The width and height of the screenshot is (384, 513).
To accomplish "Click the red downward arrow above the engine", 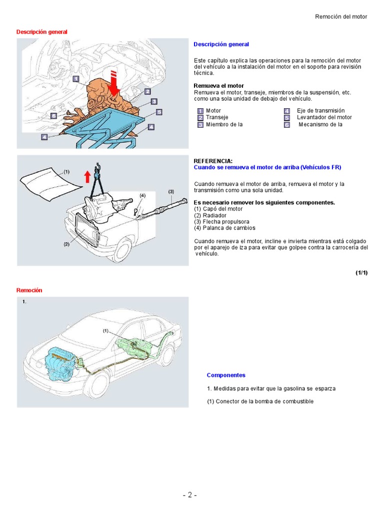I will pyautogui.click(x=114, y=83).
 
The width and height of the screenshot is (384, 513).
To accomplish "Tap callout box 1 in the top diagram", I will pyautogui.click(x=75, y=79).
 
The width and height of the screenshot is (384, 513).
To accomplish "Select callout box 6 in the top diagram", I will pyautogui.click(x=53, y=115).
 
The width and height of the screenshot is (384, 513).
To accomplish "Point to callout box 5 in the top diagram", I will pyautogui.click(x=159, y=112).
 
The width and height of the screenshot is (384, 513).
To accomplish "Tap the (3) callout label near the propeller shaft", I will pyautogui.click(x=171, y=191).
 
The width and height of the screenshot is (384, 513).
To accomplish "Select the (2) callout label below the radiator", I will pyautogui.click(x=66, y=244).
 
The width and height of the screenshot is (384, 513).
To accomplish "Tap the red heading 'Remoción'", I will pyautogui.click(x=29, y=290).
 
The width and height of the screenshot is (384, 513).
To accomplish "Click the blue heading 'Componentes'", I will pyautogui.click(x=226, y=375).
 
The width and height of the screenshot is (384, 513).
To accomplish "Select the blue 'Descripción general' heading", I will pyautogui.click(x=221, y=44).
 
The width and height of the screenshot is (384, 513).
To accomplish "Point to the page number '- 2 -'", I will pyautogui.click(x=189, y=495).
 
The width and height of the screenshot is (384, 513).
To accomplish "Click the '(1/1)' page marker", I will pyautogui.click(x=361, y=273).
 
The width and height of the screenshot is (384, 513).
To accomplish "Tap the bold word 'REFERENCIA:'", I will pyautogui.click(x=213, y=161).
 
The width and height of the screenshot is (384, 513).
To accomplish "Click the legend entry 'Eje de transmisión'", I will pyautogui.click(x=320, y=111).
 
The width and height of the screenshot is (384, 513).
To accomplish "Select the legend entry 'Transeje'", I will pyautogui.click(x=217, y=117).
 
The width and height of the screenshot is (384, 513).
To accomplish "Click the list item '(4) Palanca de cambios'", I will pyautogui.click(x=225, y=228).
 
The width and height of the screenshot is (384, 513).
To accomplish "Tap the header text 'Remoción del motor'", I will pyautogui.click(x=341, y=17).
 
